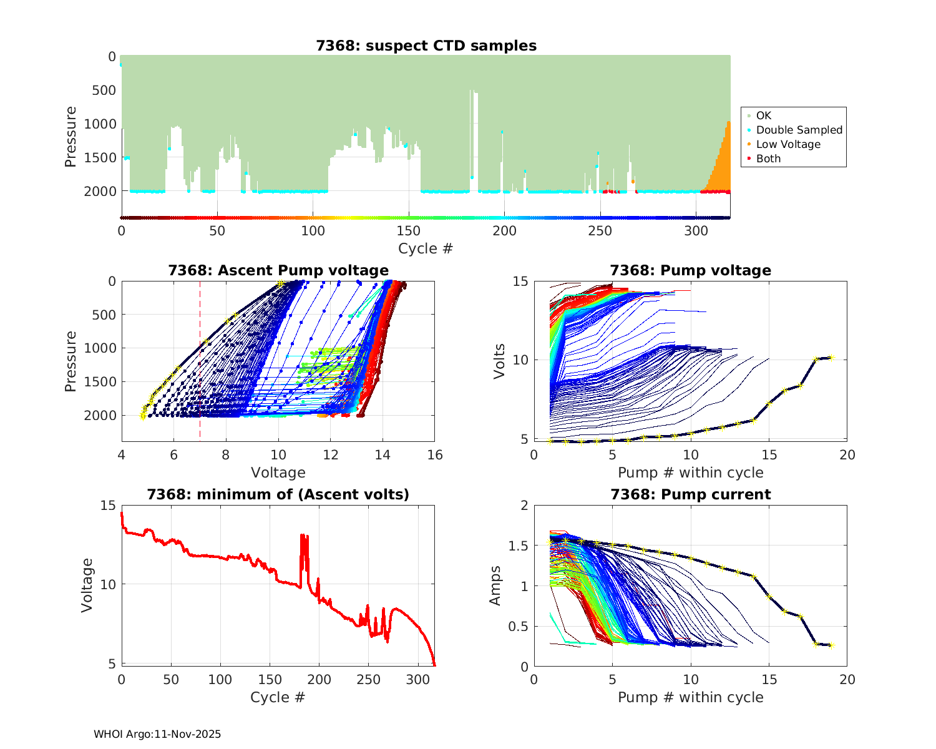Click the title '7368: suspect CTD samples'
[x=426, y=46]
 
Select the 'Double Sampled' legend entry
[x=799, y=130]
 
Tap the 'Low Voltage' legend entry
[x=787, y=144]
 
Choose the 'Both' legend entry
[x=768, y=159]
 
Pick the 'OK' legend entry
[x=763, y=115]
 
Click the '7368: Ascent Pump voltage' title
[x=278, y=270]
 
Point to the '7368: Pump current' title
[x=690, y=494]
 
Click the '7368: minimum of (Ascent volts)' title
[x=278, y=494]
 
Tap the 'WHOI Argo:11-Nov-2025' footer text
[x=157, y=734]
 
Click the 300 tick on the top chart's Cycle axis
[x=696, y=231]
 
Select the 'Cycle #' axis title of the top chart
[x=426, y=248]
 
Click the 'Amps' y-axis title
[x=495, y=585]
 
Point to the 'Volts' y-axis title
[x=499, y=361]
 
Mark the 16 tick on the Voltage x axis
[x=435, y=455]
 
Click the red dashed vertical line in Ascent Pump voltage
[x=200, y=362]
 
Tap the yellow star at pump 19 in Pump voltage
[x=831, y=358]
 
